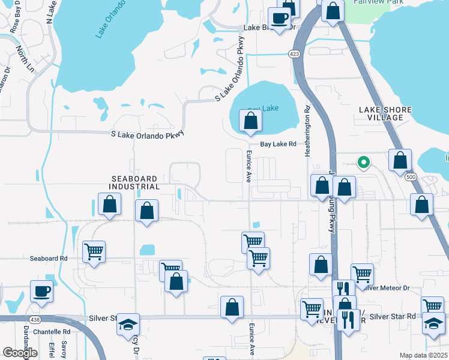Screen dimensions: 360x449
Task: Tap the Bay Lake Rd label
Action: (x=278, y=145)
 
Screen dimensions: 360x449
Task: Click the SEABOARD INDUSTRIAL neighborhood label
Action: (x=134, y=183)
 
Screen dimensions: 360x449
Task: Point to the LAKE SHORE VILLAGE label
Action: (x=385, y=113)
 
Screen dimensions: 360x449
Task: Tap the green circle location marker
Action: (x=363, y=162)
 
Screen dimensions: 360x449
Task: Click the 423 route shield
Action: (x=294, y=54)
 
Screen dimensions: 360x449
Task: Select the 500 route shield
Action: (x=411, y=177)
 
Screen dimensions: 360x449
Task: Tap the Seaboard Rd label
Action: (x=49, y=259)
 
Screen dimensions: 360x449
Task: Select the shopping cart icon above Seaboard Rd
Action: (x=94, y=252)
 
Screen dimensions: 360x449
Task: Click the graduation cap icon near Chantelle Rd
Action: (x=128, y=325)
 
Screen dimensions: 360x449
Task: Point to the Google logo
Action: (x=20, y=353)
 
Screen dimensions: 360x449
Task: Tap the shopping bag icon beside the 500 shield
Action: (x=400, y=160)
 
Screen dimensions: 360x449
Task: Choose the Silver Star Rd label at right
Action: (x=393, y=316)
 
